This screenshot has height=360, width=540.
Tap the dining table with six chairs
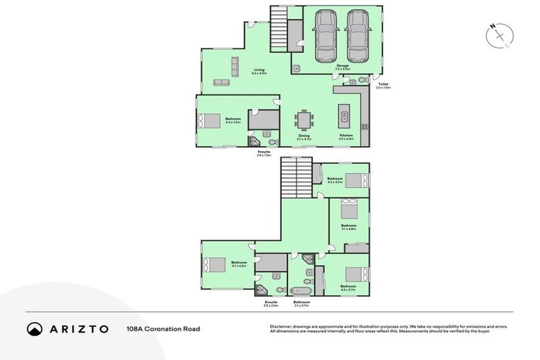pyautogui.click(x=304, y=120)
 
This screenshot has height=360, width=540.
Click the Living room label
pyautogui.click(x=259, y=70)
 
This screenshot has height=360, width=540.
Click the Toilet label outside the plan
pyautogui.click(x=382, y=85)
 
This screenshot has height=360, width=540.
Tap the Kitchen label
pyautogui.click(x=346, y=135)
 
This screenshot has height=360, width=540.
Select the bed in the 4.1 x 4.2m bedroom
pyautogui.click(x=213, y=264)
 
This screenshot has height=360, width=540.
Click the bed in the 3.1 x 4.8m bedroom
pyautogui.click(x=349, y=209)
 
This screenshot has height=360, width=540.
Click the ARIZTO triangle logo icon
pyautogui.click(x=35, y=328)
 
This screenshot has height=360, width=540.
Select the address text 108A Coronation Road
pyautogui.click(x=163, y=328)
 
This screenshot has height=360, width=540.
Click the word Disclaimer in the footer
pyautogui.click(x=282, y=326)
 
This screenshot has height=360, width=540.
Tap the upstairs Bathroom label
pyautogui.click(x=302, y=302)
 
